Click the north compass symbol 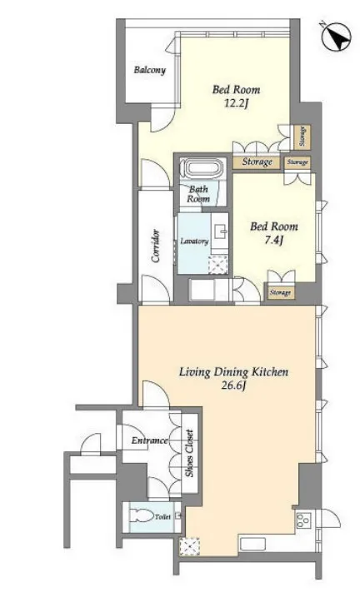[336, 37]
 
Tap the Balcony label [150, 70]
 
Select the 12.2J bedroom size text [236, 103]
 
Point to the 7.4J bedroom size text [273, 240]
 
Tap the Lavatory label [194, 241]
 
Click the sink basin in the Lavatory [219, 231]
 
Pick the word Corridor [156, 246]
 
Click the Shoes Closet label [189, 453]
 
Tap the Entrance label [149, 440]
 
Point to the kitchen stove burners [303, 520]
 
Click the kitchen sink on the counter [252, 544]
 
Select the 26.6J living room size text [234, 386]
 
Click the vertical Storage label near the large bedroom [302, 137]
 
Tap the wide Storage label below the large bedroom [257, 162]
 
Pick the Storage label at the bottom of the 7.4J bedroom [280, 292]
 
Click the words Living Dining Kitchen [233, 372]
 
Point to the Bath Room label [198, 194]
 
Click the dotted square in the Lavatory [218, 264]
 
